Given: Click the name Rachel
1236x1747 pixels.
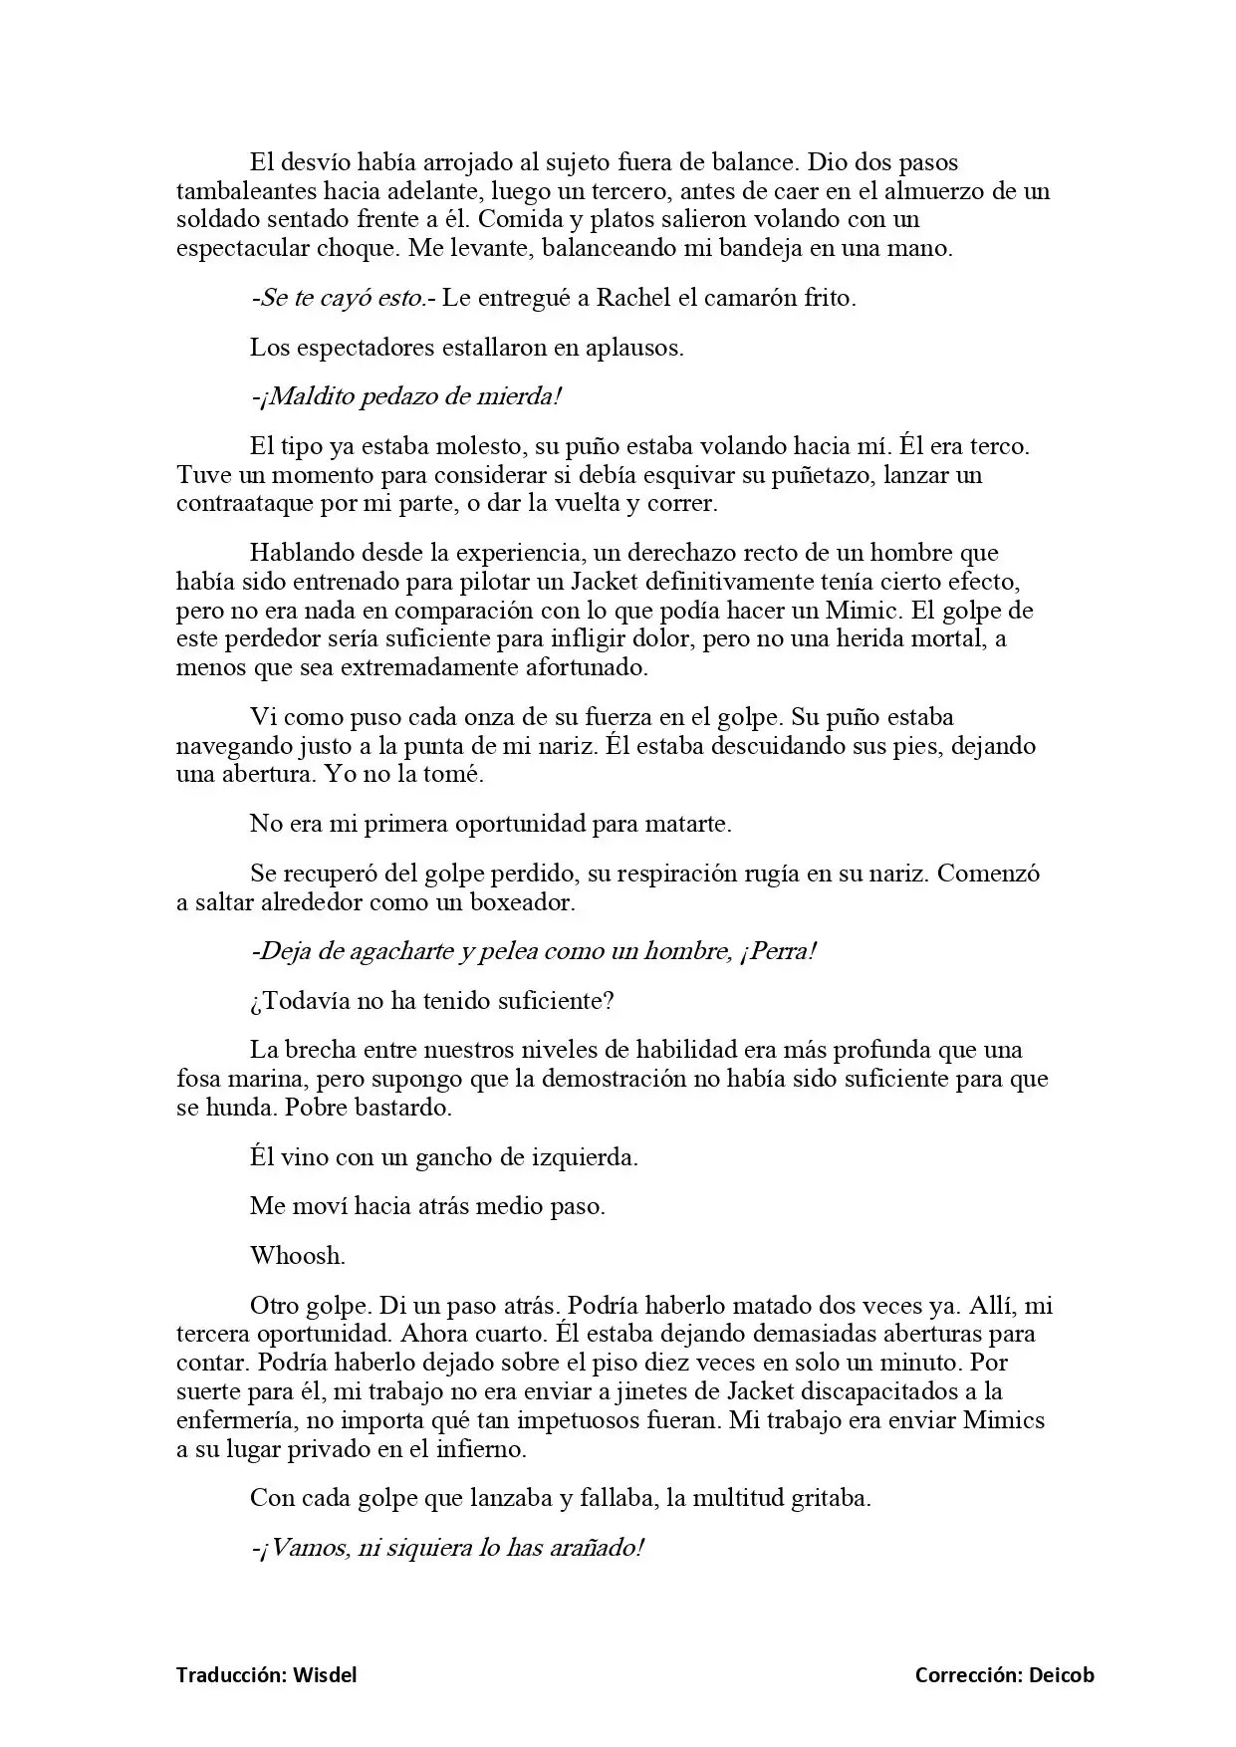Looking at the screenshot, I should coord(630,298).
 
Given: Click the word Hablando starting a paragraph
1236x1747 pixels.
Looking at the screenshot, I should coord(301,553).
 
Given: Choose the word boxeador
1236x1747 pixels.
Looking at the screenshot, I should coord(524,902).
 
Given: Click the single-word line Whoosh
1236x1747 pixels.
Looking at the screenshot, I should coord(297,1255).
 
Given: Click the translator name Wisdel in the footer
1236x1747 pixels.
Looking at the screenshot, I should coord(325,1675).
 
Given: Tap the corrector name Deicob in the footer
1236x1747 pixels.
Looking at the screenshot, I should coord(1060,1675).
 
